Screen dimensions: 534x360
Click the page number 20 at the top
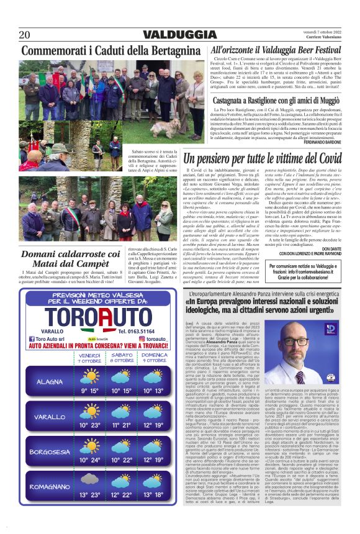[x=25, y=34]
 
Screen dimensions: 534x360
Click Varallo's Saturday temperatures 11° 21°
[x=122, y=425]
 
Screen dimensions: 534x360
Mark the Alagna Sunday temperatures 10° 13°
[x=153, y=391]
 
